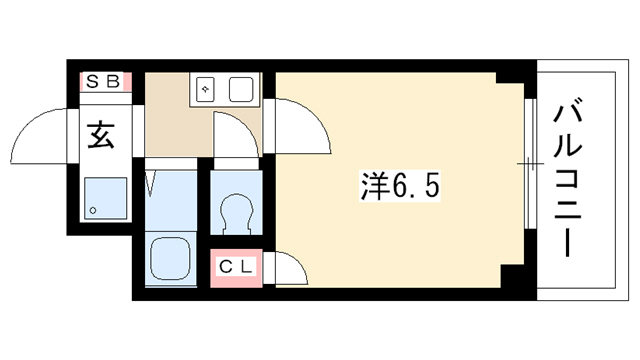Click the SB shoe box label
(104, 82)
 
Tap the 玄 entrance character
(101, 135)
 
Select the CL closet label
(236, 267)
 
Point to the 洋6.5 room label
(400, 186)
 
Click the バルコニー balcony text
(568, 180)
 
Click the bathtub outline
(170, 259)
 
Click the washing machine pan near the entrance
(106, 198)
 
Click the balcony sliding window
(530, 163)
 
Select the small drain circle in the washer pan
(93, 211)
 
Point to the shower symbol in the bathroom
(151, 184)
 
